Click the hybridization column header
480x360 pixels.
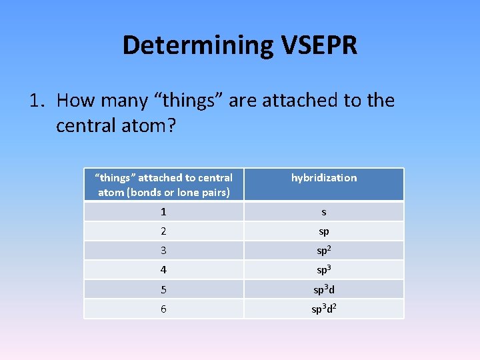click(x=324, y=178)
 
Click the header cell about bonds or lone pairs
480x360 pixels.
click(x=164, y=185)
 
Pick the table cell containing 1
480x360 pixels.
click(x=164, y=212)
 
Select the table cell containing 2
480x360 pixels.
click(x=164, y=231)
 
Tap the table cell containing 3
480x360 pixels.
click(x=164, y=251)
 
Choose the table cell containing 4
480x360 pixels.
click(x=164, y=270)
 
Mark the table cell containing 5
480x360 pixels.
click(x=164, y=289)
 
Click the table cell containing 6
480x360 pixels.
click(x=164, y=309)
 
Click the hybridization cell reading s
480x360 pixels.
click(x=324, y=212)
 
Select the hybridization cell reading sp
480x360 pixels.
click(x=324, y=231)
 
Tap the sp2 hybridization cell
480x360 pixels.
click(x=324, y=251)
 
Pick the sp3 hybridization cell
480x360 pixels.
click(x=324, y=270)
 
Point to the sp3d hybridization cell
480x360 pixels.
click(x=324, y=289)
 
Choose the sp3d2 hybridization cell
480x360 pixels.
click(x=324, y=309)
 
